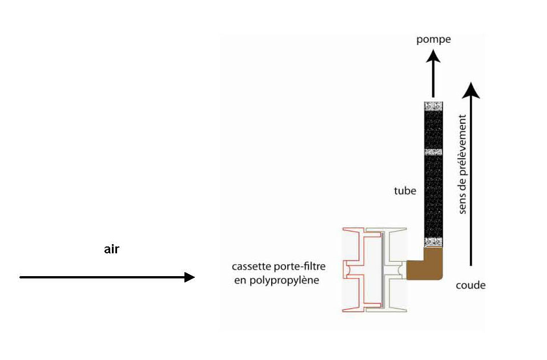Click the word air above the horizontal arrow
pyautogui.click(x=112, y=249)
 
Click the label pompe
pyautogui.click(x=434, y=39)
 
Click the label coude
pyautogui.click(x=470, y=285)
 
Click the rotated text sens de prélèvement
pyautogui.click(x=463, y=164)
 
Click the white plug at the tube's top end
pyautogui.click(x=433, y=107)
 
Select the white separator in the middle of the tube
pyautogui.click(x=433, y=152)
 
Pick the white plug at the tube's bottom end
pyautogui.click(x=433, y=241)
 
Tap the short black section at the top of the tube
pyautogui.click(x=433, y=130)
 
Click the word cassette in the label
pyautogui.click(x=250, y=267)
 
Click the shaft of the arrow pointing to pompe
pyautogui.click(x=433, y=80)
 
